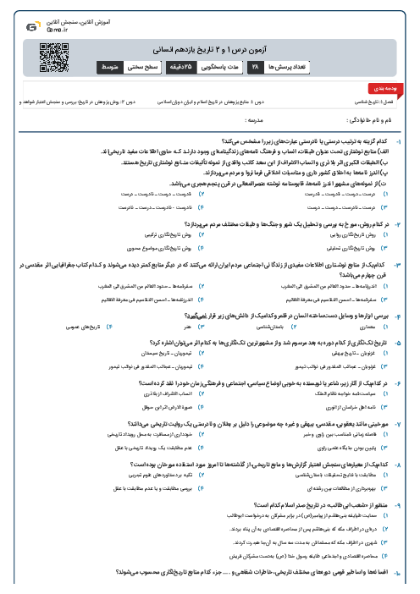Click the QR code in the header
[55, 59]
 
